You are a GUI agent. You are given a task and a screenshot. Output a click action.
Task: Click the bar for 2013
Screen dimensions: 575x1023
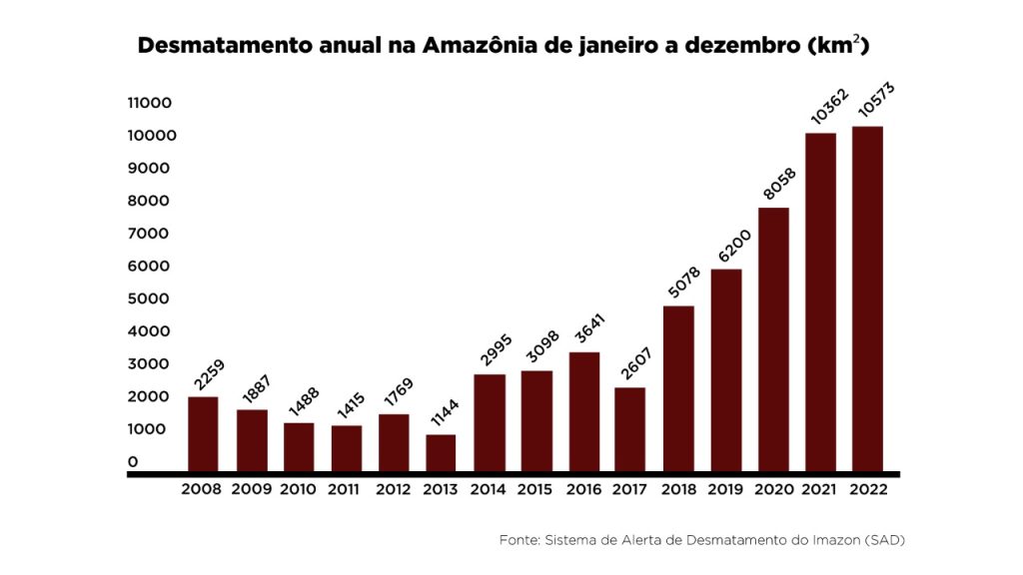(x=441, y=453)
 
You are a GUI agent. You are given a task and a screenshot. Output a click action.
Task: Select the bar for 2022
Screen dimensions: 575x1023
(x=867, y=298)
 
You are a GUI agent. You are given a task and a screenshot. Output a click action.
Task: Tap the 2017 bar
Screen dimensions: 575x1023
(x=629, y=429)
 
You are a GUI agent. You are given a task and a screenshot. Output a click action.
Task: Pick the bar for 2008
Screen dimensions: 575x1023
(x=203, y=434)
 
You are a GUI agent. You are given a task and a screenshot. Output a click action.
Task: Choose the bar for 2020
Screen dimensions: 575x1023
(x=773, y=339)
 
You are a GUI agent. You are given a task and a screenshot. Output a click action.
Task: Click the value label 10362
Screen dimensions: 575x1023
(x=828, y=108)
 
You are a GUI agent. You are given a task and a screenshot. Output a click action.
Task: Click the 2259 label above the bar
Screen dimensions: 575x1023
(x=207, y=375)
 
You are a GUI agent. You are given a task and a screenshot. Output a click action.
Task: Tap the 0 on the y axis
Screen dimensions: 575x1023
(x=133, y=461)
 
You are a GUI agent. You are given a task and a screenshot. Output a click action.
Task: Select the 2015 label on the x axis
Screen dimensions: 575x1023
(x=535, y=490)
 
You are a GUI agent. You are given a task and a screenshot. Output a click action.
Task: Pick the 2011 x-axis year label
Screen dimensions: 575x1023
(x=346, y=490)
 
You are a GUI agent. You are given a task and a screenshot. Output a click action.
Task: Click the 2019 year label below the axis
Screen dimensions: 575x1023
(x=725, y=490)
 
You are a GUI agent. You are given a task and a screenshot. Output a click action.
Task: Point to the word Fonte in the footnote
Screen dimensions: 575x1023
(x=518, y=540)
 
